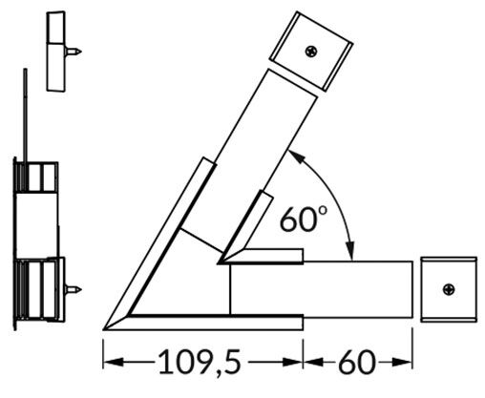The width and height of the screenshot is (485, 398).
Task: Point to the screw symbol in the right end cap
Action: pos(448,288)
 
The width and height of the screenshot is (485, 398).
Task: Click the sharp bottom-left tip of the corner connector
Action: pos(105,325)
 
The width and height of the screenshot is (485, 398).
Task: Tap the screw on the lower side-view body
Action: pos(72,286)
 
